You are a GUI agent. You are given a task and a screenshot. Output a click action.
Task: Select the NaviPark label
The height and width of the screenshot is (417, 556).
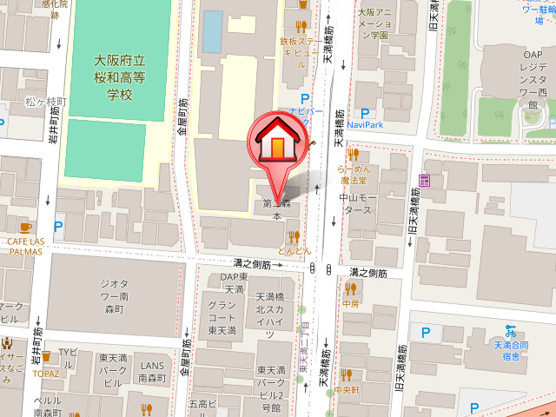(x=365, y=125)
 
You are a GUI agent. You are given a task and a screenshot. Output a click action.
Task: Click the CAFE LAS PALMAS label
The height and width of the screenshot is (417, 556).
(x=26, y=245)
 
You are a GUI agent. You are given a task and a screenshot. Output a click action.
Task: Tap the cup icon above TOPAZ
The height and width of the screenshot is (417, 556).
(x=46, y=356)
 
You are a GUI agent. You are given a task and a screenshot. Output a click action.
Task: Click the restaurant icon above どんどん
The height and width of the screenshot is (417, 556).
(x=294, y=236)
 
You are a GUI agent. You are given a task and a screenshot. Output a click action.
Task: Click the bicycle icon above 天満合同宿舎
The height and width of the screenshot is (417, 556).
(x=512, y=331)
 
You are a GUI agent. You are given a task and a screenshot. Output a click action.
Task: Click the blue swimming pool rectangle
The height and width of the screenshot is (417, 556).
(x=211, y=31)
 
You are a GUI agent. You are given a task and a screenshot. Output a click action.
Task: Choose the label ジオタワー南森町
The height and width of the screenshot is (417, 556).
(x=114, y=295)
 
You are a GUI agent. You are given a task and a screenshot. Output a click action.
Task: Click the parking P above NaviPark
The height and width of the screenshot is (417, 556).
(x=365, y=113)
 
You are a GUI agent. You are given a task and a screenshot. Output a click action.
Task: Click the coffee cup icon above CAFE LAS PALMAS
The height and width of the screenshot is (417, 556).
(x=25, y=228)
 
